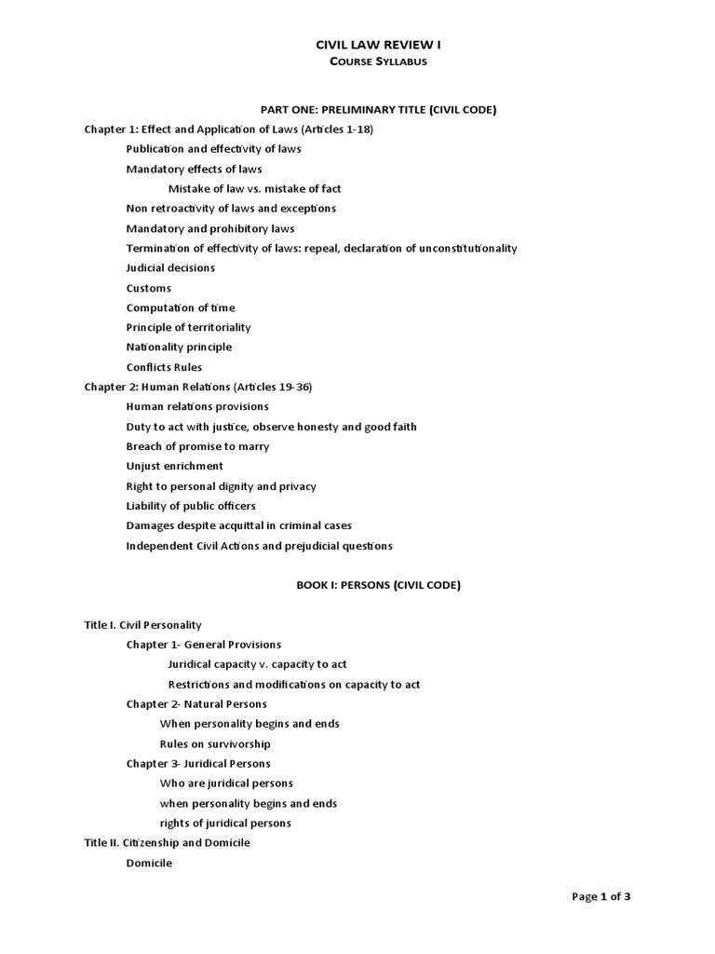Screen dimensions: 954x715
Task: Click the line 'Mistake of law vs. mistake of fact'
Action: click(x=254, y=189)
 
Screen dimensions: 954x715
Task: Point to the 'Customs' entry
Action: click(x=149, y=288)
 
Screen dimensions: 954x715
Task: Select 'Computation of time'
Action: click(x=181, y=307)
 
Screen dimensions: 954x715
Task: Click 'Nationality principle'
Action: click(x=179, y=347)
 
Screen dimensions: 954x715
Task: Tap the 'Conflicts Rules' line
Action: click(x=164, y=367)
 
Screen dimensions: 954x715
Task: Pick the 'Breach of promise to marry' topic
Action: click(x=197, y=446)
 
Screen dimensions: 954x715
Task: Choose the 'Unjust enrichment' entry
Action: click(x=175, y=466)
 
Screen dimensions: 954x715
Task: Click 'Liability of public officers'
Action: click(x=191, y=506)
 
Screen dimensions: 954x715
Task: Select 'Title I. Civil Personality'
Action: click(x=142, y=625)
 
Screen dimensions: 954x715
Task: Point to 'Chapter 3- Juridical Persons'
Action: click(x=198, y=764)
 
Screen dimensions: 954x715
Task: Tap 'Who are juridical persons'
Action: click(x=226, y=784)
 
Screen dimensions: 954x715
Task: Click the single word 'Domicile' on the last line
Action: click(x=149, y=863)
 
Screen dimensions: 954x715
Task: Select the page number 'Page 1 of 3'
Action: click(x=600, y=896)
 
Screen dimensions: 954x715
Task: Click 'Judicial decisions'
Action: click(x=170, y=268)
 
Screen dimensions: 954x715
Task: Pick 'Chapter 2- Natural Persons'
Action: click(x=196, y=704)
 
